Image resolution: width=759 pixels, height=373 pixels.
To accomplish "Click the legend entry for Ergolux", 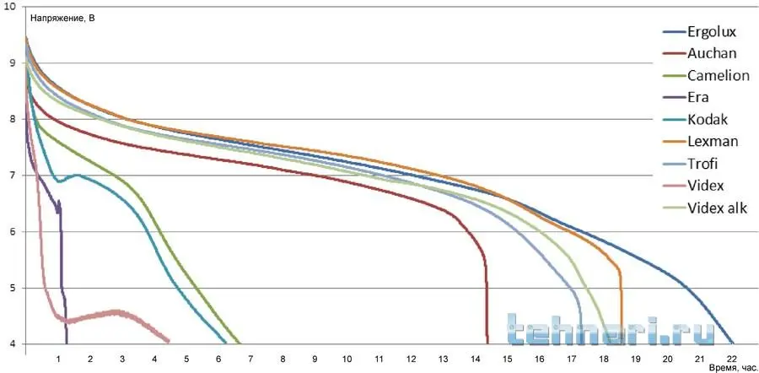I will (x=713, y=33).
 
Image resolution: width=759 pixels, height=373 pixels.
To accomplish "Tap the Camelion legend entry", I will (x=718, y=76).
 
